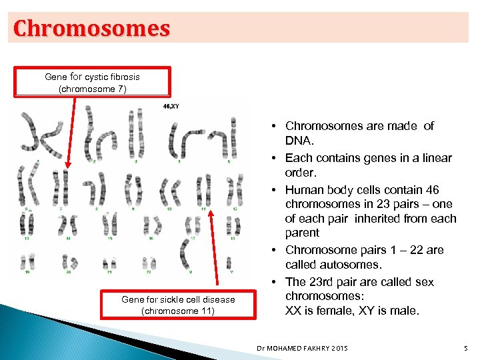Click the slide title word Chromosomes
92,29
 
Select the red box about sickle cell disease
178,305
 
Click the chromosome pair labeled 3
137,133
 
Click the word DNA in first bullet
297,141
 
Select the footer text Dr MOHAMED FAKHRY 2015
301,348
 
